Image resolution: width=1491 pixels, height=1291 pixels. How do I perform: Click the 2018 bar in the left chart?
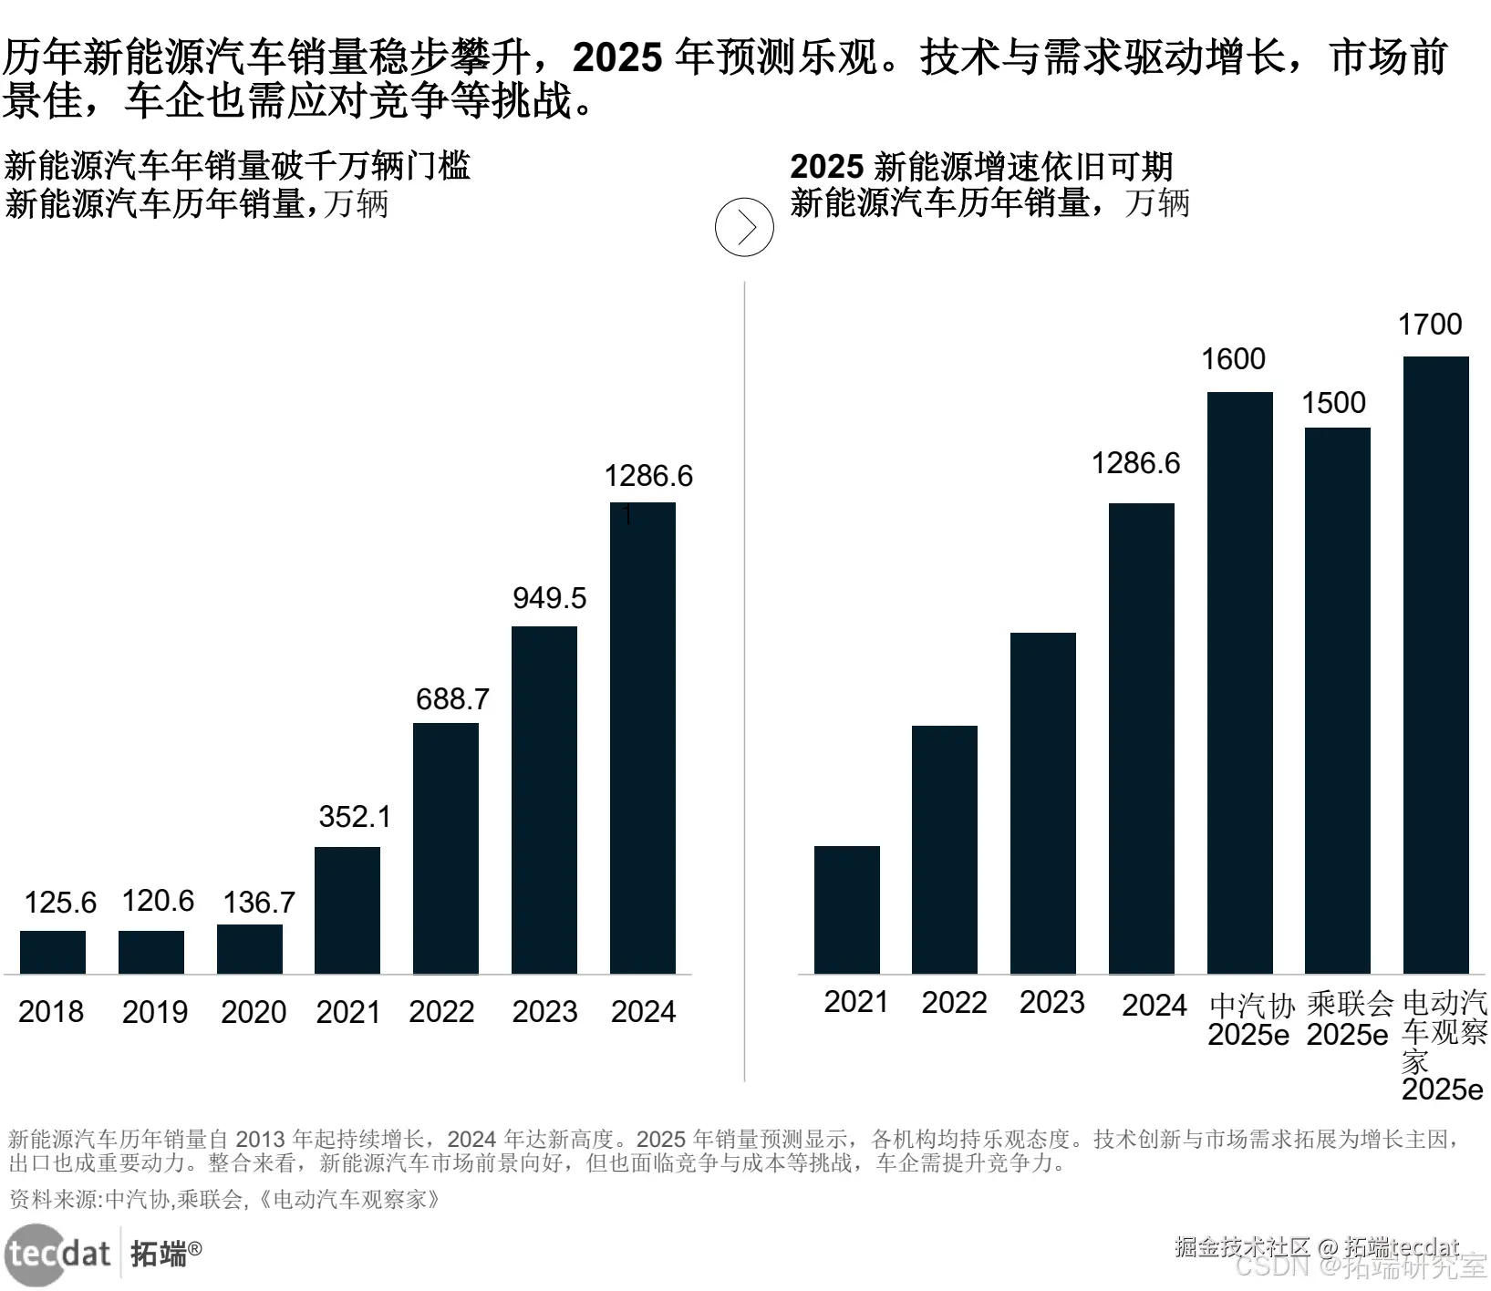pos(53,952)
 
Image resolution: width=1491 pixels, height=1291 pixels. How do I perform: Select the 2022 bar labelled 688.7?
pos(446,848)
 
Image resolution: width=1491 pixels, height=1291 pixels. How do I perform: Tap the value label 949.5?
pos(549,598)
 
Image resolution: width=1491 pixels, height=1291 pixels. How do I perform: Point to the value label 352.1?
pos(355,816)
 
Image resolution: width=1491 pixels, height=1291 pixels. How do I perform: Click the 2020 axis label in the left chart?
pos(254,1012)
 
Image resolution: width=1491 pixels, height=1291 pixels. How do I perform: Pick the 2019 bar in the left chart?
pos(151,952)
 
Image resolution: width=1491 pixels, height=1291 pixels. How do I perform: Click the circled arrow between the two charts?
pos(744,227)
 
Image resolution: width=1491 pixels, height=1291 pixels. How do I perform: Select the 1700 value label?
pos(1430,325)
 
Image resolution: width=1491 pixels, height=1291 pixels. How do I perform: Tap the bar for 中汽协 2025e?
pos(1239,683)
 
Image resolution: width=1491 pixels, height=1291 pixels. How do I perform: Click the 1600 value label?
pos(1233,359)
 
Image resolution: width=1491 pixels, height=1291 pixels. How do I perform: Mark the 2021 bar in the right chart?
pos(847,910)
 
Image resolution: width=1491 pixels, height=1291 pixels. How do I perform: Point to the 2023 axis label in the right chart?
pos(1051,1003)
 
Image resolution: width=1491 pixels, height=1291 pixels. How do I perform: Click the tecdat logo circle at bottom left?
pos(35,1255)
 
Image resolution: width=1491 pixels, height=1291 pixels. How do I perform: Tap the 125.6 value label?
pos(60,903)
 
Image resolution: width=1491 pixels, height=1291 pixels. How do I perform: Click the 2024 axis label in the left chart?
pos(643,1012)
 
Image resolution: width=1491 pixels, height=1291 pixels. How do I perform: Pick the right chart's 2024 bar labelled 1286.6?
pos(1142,738)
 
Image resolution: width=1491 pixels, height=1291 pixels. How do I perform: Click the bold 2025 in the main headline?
pos(617,58)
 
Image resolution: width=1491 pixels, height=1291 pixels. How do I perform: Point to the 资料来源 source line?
pos(224,1199)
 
